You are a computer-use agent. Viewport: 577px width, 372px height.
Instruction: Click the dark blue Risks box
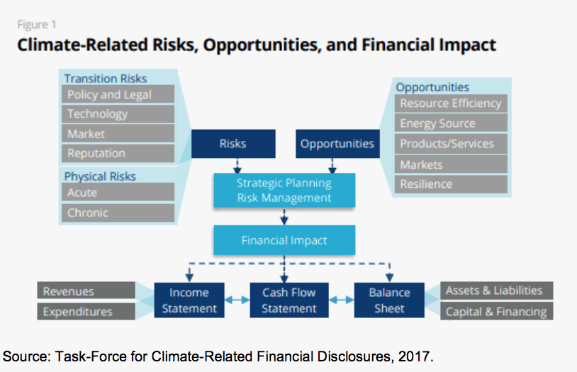tap(233, 144)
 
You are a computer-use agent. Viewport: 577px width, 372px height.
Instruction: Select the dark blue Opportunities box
tap(337, 144)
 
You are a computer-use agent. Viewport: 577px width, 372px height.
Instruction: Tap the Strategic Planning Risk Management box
tap(284, 190)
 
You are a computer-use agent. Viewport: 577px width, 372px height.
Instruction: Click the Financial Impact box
tap(284, 240)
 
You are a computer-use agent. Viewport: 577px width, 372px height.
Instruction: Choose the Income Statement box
tap(189, 300)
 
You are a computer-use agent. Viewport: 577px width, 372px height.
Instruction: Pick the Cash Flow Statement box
tap(289, 300)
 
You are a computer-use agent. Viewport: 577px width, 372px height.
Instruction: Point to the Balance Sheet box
tap(389, 300)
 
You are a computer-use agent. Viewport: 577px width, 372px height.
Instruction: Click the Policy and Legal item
tap(118, 94)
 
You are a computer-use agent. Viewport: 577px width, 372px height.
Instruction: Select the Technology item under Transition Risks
tap(118, 113)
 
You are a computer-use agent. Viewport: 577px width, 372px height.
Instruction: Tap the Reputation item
tap(118, 153)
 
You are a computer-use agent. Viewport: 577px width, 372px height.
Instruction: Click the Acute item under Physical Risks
tap(118, 192)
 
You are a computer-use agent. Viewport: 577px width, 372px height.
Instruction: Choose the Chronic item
tap(118, 213)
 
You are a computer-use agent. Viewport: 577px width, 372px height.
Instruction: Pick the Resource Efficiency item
tap(451, 103)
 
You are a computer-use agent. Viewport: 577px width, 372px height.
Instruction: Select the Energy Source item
tap(451, 123)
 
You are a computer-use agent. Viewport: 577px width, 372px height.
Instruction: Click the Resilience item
tap(451, 184)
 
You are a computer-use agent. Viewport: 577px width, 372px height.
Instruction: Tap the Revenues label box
tap(86, 291)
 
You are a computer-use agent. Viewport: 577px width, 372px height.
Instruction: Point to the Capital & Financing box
tap(497, 311)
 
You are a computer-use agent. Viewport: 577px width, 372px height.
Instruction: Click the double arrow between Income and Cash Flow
tap(237, 300)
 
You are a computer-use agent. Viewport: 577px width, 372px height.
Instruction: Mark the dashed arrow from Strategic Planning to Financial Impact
tap(284, 217)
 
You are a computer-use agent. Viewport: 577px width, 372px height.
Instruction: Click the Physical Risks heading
tap(100, 176)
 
